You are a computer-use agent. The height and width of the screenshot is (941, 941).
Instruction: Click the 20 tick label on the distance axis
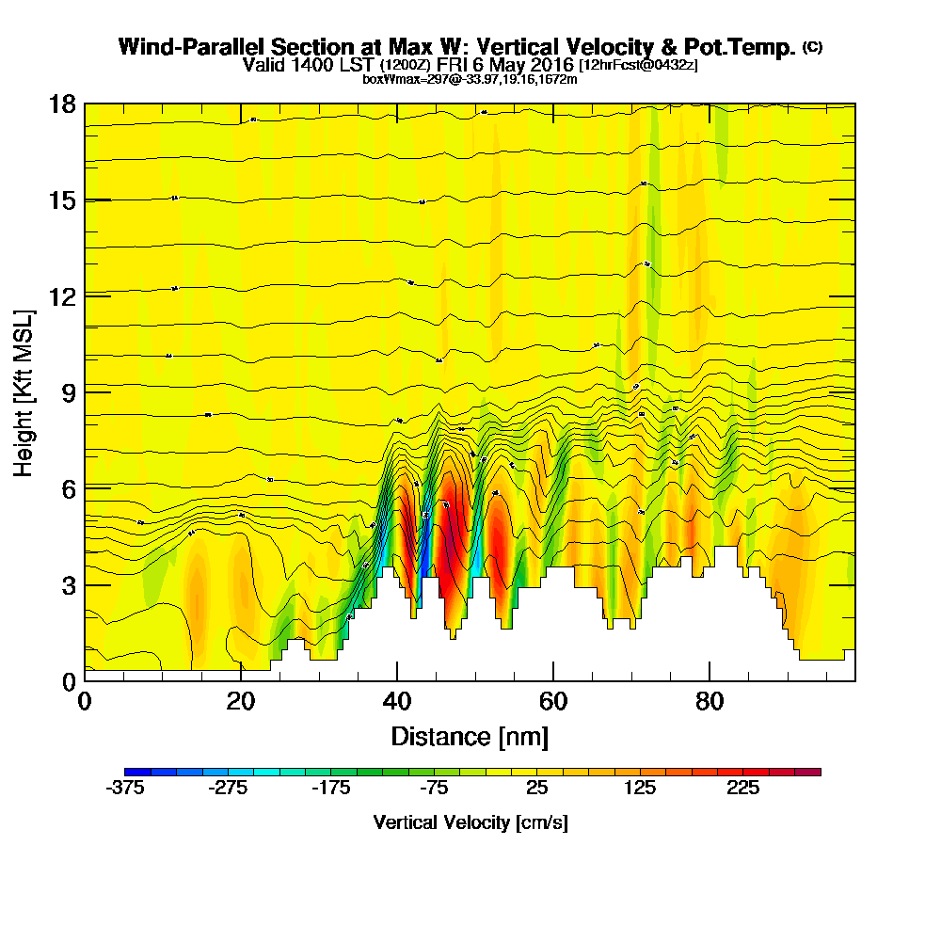(x=241, y=702)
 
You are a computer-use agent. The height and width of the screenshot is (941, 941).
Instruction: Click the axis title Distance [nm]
(x=470, y=736)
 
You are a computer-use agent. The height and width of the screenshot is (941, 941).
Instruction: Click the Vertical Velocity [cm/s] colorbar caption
(x=470, y=822)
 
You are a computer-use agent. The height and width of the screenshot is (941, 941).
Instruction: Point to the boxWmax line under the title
(x=470, y=79)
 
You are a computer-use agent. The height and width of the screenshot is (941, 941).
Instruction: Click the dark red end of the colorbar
(x=814, y=772)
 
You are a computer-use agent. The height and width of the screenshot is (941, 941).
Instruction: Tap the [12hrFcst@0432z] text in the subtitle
(x=638, y=65)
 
